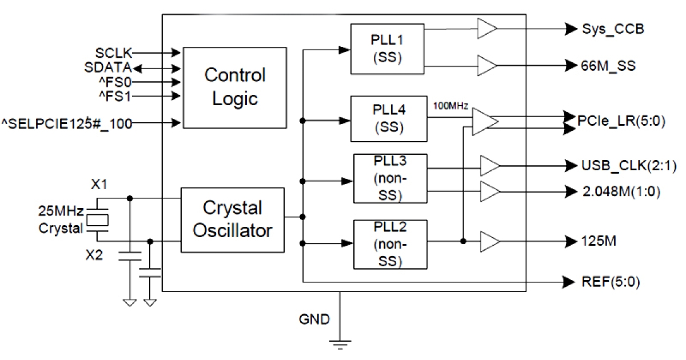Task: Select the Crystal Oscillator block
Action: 232,219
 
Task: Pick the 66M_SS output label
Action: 608,66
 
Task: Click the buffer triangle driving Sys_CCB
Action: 486,27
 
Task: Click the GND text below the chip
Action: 315,319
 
